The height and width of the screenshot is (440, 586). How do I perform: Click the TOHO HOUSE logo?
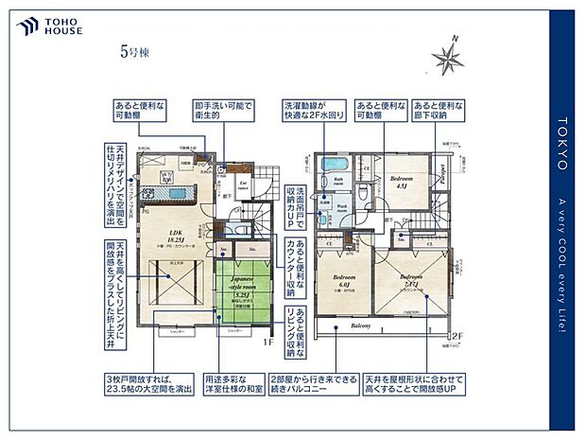[x=48, y=26]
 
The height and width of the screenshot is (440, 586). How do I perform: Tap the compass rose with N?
[x=448, y=57]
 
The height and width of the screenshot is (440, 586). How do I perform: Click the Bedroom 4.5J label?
[x=402, y=181]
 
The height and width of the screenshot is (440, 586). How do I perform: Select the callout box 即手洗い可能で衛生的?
[x=224, y=110]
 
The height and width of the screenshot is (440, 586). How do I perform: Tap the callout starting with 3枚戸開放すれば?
[x=135, y=383]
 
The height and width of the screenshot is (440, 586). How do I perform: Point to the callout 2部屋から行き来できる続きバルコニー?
[x=313, y=383]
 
